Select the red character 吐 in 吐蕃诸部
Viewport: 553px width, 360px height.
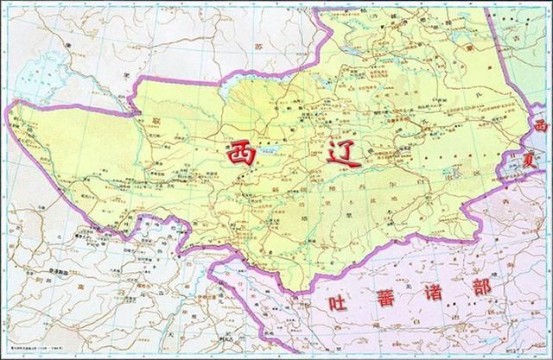[336, 303]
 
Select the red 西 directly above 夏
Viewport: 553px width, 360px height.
[541, 126]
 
